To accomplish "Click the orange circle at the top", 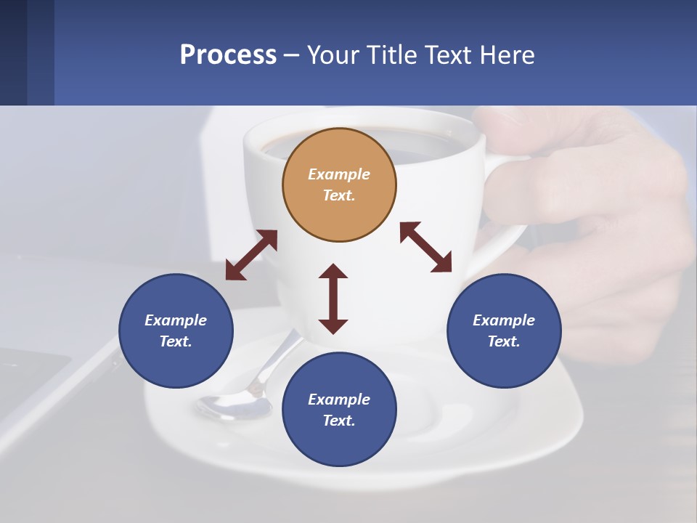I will point(339,185).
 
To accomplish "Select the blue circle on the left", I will point(176,331).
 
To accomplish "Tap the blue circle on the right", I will point(504,331).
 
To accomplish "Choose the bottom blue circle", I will point(339,410).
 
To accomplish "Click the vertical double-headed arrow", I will point(333,299).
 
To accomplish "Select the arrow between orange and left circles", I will point(251,255).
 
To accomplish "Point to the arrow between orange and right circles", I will point(426,247).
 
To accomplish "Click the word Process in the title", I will point(228,55).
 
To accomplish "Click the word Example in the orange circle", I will point(339,174).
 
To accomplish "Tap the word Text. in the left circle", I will point(176,341).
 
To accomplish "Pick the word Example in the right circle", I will point(504,320).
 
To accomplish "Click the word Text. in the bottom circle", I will point(339,421).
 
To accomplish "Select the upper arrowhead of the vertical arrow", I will point(333,272).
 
